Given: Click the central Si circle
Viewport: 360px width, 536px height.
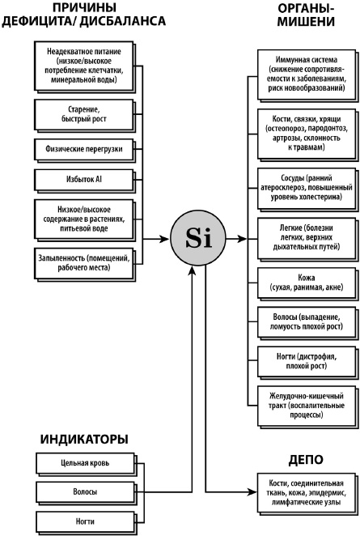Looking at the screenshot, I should point(196,240).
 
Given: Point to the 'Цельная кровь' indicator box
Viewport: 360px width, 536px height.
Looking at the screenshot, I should point(85,464).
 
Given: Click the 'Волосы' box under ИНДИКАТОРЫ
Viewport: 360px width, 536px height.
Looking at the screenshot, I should point(85,492).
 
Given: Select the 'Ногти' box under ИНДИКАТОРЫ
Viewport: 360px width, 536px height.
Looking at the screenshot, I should point(85,520).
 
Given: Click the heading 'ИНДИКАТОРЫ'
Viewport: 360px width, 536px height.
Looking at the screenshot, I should point(84,440).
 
